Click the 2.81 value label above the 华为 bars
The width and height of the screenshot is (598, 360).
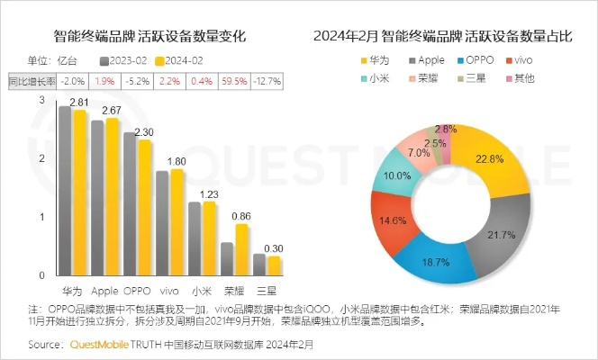pos(74,103)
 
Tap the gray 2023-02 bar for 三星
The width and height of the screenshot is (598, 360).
pos(259,266)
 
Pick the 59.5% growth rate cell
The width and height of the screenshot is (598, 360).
pos(238,81)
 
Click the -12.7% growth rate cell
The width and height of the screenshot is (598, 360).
pos(267,81)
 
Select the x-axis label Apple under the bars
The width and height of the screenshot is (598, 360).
pos(105,291)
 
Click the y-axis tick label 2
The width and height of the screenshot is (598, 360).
pos(43,158)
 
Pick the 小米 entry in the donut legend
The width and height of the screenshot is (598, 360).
pos(373,78)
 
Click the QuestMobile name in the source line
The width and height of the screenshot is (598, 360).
pos(104,344)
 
